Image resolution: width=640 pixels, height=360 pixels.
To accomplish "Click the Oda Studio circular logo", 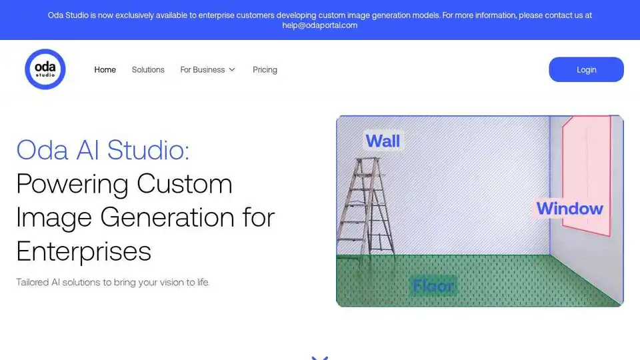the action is coord(45,69).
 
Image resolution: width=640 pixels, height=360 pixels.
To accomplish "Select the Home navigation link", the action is coord(105,70).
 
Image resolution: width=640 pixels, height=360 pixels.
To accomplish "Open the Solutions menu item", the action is coord(148,70).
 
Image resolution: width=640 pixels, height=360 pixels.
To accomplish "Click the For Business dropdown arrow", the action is coord(232,70).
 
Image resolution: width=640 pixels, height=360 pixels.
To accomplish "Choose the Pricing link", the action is coord(265,70).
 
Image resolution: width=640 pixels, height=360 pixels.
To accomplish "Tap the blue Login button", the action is coord(586,69).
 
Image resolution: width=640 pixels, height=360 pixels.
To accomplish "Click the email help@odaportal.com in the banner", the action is coord(319,25).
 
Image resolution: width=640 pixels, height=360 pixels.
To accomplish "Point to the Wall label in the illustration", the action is coord(383,141).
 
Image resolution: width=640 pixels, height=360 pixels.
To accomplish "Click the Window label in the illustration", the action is coord(570,209).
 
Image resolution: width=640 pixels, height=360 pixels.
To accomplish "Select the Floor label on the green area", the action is coord(433,286).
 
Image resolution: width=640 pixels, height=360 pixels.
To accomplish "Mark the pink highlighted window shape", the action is coord(587,175).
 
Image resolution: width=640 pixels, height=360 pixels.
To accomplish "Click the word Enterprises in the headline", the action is coord(84,251).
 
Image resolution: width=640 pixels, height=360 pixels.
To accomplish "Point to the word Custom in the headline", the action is coord(185,184).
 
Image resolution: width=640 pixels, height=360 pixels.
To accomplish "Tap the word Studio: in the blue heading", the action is coord(149,150).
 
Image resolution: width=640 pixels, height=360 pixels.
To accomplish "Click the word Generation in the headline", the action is coord(167,217).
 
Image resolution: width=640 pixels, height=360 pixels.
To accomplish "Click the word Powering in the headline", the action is coord(73,185).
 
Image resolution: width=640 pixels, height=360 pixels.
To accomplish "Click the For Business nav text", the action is coord(203,70).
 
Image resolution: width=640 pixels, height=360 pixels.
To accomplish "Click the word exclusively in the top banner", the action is coord(134,15).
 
